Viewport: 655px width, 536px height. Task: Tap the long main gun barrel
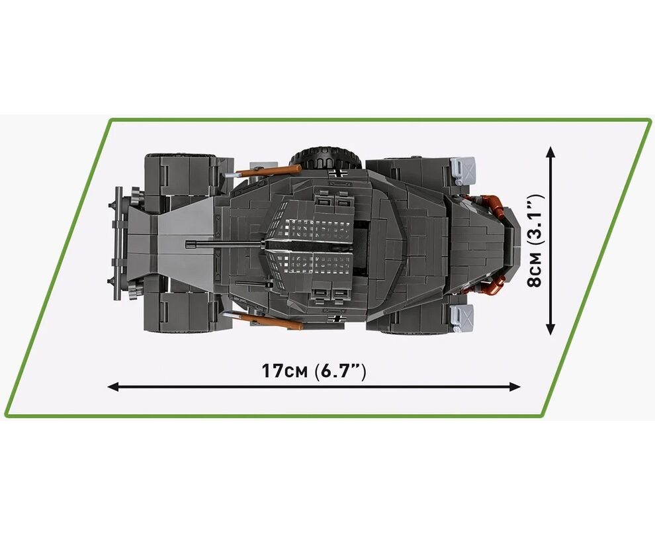(226, 243)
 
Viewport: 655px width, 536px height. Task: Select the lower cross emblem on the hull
(335, 319)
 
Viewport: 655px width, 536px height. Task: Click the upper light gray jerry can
(463, 171)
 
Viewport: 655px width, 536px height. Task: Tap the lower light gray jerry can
(463, 318)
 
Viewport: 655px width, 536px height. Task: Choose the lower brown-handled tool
(263, 320)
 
